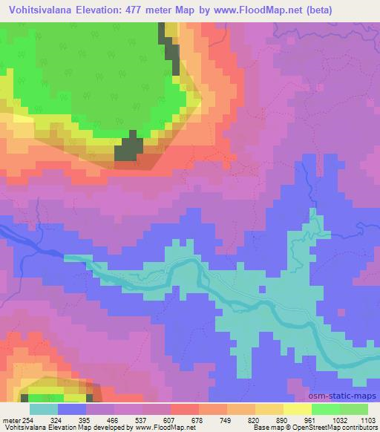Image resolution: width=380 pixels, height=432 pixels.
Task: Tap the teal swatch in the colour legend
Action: pos(44,409)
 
